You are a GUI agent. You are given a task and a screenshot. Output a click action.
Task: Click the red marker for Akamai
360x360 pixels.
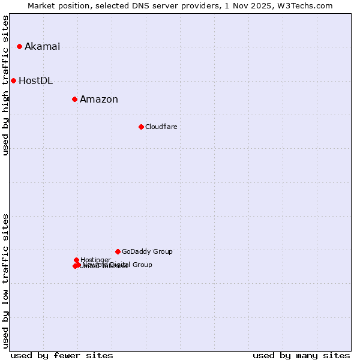click(x=19, y=46)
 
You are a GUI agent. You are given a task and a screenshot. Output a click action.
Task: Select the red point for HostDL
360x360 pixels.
click(x=13, y=80)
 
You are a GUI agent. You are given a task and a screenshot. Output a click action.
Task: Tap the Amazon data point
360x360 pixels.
click(x=74, y=99)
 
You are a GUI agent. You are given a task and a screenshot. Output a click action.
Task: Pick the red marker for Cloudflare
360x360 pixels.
click(x=141, y=127)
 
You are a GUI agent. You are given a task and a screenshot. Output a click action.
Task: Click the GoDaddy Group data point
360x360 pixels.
click(x=118, y=251)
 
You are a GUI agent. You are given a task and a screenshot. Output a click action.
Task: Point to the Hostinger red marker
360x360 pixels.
click(x=76, y=260)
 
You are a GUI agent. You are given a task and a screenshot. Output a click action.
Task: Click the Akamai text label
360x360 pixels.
click(x=42, y=47)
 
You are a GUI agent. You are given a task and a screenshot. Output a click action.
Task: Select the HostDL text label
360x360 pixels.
click(x=35, y=81)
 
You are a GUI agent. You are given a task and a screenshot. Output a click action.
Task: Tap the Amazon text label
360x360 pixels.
click(x=99, y=100)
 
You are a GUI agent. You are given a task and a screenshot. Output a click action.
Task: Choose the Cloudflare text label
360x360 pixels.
click(x=161, y=127)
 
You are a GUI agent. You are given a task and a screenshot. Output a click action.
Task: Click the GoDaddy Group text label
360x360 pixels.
click(x=147, y=252)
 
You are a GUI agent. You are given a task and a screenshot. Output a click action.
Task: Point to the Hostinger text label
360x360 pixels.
click(x=96, y=260)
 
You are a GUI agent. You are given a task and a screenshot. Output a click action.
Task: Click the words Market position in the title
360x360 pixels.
click(x=57, y=6)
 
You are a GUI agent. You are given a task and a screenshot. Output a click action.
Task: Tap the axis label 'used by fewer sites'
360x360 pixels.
click(x=62, y=355)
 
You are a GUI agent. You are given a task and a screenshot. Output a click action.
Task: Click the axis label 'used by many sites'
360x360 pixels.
click(x=301, y=355)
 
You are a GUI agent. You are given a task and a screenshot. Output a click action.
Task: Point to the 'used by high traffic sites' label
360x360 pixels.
click(x=6, y=85)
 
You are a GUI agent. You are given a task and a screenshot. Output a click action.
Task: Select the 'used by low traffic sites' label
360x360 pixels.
click(x=6, y=280)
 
